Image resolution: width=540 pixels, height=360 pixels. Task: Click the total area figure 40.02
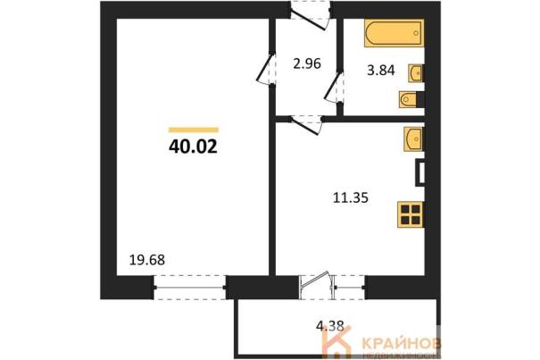click(193, 147)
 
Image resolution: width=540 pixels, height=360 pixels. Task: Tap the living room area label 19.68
click(147, 260)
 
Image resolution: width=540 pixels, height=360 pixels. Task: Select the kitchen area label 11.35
click(351, 198)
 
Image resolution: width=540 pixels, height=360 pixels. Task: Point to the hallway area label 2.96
click(307, 63)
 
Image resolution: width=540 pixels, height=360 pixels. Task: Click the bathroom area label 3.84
click(380, 71)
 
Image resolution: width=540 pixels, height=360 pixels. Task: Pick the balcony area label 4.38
click(330, 326)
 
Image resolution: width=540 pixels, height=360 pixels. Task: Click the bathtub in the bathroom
click(394, 33)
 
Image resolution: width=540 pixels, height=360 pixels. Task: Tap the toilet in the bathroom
click(409, 100)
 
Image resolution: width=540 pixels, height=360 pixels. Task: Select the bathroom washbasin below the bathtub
click(416, 73)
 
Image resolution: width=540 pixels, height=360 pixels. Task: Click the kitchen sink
click(413, 139)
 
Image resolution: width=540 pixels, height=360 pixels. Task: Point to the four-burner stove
click(411, 214)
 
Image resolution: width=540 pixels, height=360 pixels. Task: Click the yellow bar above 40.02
click(194, 130)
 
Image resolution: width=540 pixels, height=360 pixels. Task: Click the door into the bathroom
click(335, 87)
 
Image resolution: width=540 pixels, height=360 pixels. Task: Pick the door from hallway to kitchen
click(306, 124)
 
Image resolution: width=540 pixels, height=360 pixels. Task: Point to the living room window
click(190, 288)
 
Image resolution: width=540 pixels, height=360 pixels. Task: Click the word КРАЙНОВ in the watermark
click(402, 343)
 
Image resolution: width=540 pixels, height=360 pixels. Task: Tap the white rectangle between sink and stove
click(420, 172)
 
